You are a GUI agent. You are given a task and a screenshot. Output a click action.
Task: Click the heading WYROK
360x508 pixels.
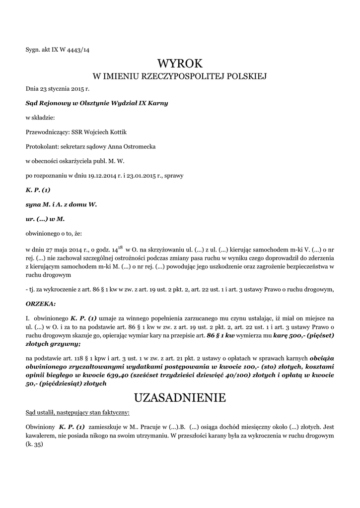click(180, 63)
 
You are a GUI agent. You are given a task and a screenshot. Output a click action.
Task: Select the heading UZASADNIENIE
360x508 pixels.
click(180, 397)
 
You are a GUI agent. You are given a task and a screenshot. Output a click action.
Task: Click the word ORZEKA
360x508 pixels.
click(40, 303)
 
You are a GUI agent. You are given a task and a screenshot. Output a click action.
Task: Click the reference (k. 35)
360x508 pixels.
click(35, 444)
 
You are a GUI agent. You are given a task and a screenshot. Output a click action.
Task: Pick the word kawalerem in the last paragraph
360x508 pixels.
click(41, 436)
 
